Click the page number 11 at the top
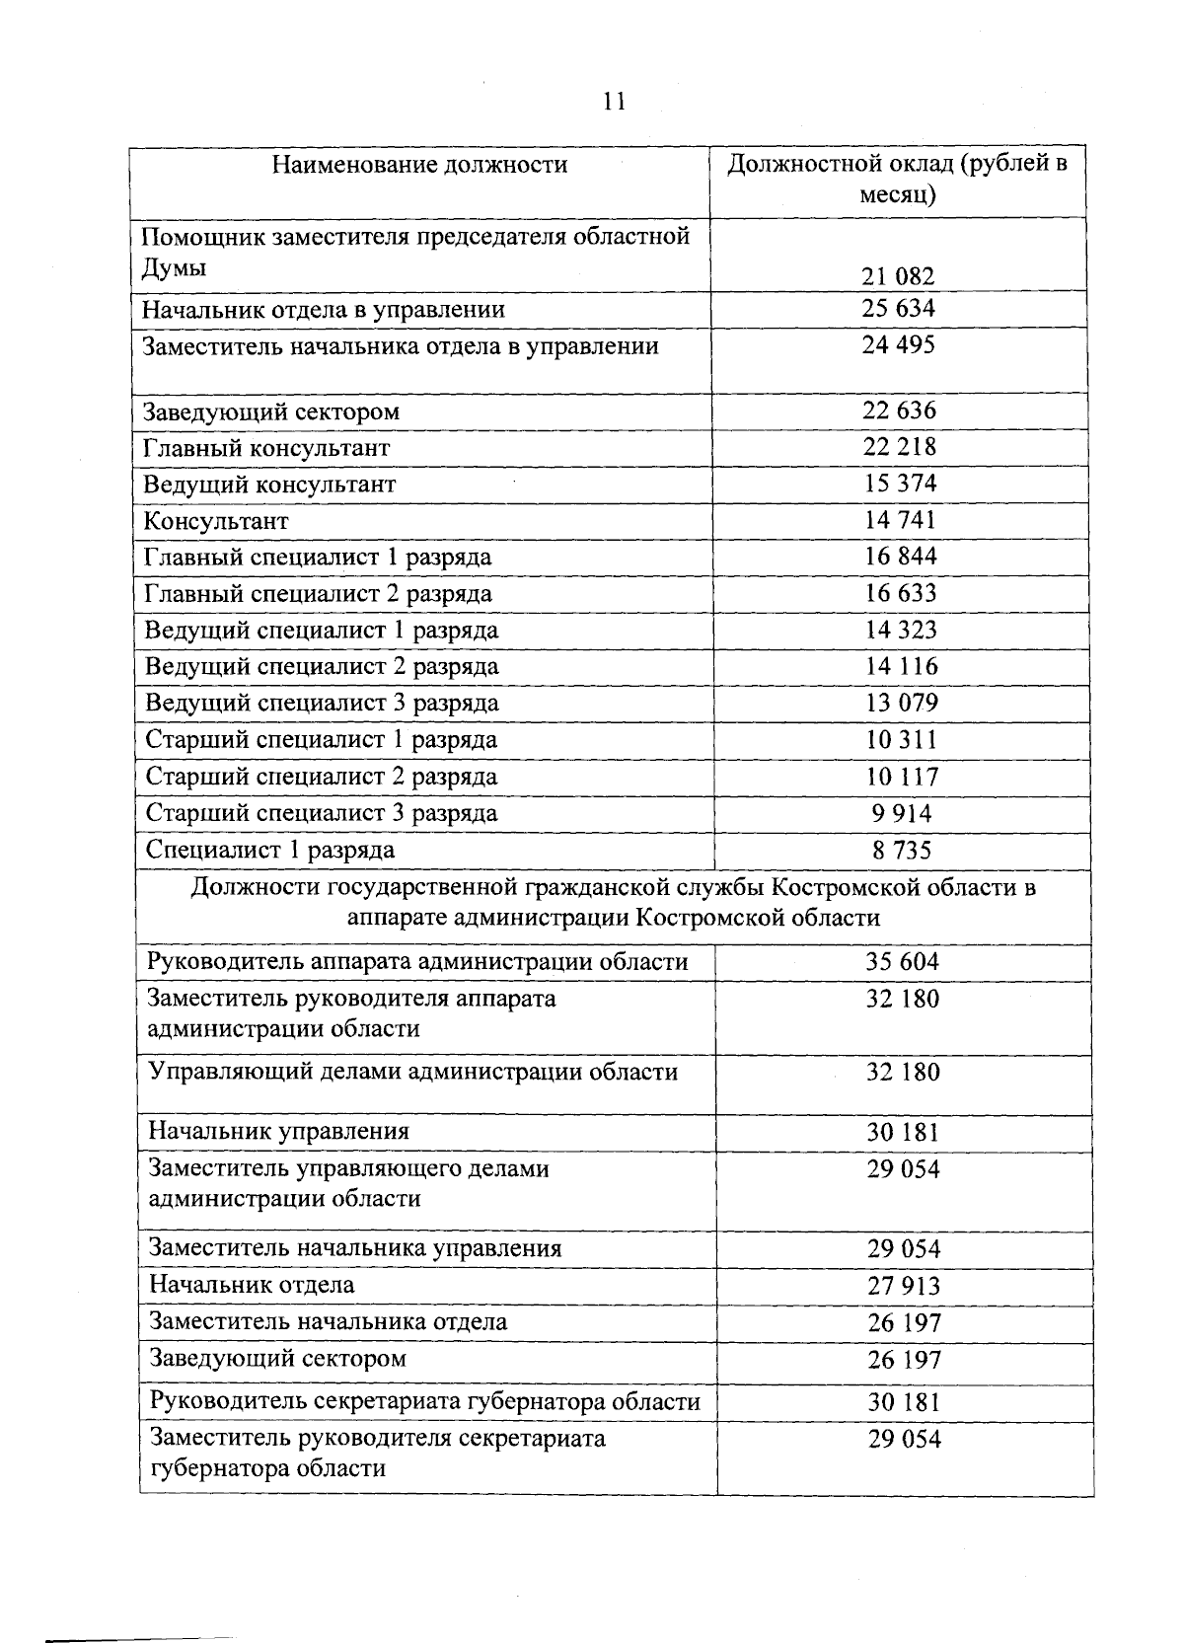[614, 102]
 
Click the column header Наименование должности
[419, 164]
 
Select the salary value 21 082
[898, 276]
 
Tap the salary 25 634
[898, 308]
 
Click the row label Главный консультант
[266, 448]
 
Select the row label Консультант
[216, 521]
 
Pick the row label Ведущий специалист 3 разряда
[322, 704]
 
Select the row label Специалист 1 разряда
[270, 850]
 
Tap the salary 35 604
[903, 962]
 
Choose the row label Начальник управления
[278, 1132]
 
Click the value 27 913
[904, 1286]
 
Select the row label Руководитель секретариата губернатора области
[424, 1402]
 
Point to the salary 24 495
[898, 345]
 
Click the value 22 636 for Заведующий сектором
[899, 411]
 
